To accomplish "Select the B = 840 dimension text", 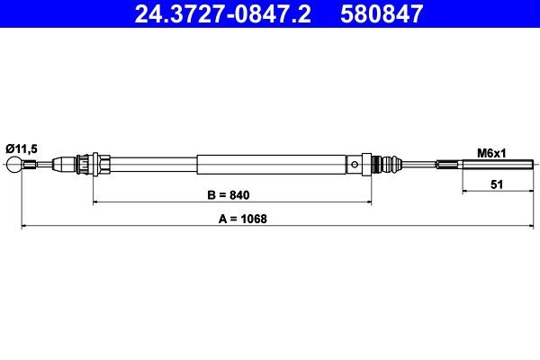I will point(223,194).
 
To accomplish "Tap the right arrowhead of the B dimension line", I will point(368,202).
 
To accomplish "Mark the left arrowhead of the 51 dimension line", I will point(466,191).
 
